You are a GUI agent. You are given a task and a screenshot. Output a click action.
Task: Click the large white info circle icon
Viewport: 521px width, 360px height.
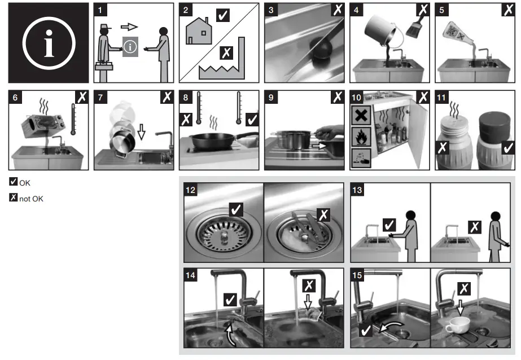[x=49, y=43]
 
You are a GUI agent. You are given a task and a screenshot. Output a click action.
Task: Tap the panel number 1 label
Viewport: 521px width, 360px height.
[x=100, y=10]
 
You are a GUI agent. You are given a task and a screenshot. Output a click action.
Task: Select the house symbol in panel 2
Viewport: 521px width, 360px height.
[x=199, y=31]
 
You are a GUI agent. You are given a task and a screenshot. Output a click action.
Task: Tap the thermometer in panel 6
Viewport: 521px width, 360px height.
[x=73, y=119]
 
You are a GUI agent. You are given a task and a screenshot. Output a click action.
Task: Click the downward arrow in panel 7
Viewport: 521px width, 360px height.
[x=142, y=131]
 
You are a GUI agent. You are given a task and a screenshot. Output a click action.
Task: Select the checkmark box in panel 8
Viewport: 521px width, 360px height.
[x=252, y=120]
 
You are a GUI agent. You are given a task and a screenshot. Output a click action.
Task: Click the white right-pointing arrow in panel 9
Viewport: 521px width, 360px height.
[x=319, y=146]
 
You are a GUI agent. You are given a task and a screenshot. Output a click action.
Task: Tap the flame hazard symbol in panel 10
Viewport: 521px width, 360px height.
[x=361, y=136]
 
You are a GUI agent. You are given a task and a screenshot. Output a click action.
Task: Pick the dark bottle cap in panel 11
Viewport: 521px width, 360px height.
[x=494, y=123]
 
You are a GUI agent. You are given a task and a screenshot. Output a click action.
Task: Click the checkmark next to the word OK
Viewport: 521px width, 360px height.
[x=14, y=181]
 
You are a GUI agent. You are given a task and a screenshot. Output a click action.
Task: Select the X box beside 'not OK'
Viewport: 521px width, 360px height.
[x=14, y=197]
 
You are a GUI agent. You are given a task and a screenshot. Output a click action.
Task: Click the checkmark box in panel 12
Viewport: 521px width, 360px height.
[x=236, y=209]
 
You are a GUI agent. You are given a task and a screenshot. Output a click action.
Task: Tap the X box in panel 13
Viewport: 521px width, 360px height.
[x=475, y=227]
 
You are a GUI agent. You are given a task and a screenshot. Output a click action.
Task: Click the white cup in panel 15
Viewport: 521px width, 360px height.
[x=457, y=324]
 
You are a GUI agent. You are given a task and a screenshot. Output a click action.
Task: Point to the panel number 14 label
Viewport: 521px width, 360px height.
[x=190, y=275]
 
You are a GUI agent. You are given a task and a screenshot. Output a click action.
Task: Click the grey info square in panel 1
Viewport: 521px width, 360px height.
[x=130, y=47]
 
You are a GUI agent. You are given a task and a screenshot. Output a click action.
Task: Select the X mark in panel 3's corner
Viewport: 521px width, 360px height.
[x=338, y=10]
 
